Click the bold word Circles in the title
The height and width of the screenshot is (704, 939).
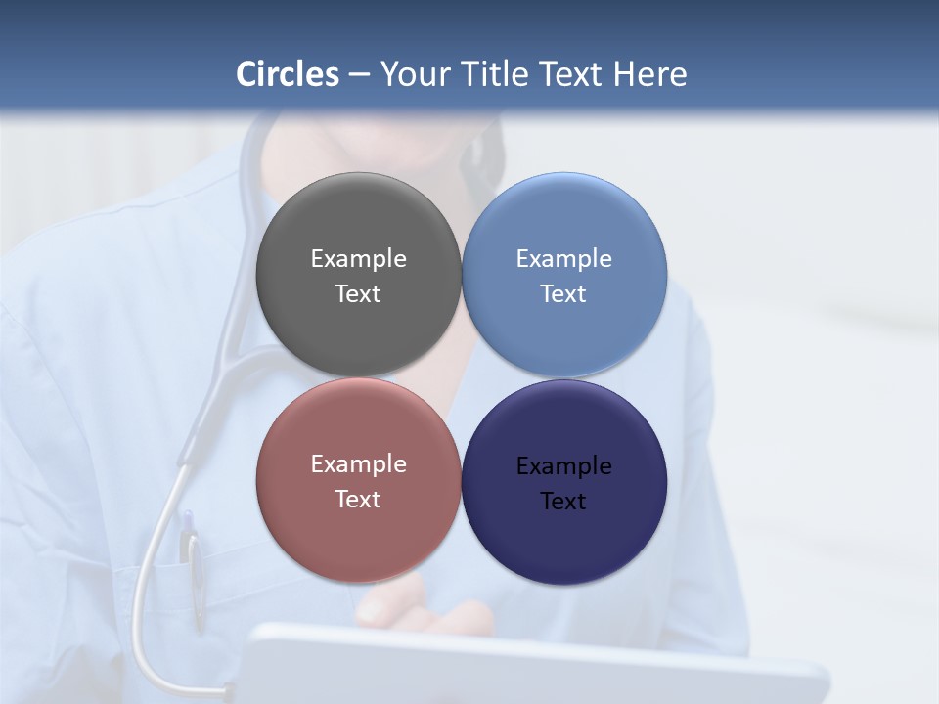coord(288,74)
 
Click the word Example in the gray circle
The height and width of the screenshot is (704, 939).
coord(358,259)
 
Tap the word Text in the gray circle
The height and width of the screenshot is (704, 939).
coord(358,294)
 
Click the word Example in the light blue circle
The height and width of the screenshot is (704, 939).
coord(563,259)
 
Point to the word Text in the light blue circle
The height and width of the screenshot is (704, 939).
coord(563,294)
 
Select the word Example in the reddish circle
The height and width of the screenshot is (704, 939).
coord(358,464)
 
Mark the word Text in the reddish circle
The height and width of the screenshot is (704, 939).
coord(358,500)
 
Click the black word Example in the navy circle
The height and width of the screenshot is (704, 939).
coord(563,466)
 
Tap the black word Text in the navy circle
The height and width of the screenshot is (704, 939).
coord(563,502)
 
